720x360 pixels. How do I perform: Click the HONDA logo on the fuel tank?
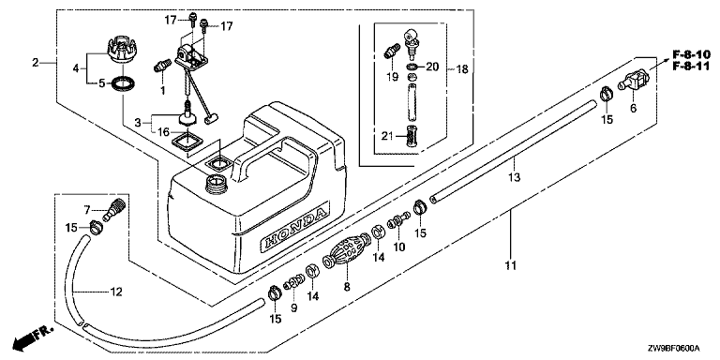tap(294, 228)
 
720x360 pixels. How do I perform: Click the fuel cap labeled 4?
tap(120, 51)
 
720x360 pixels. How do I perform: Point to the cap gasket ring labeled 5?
tap(125, 84)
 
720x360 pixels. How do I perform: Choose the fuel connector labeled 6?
tap(634, 80)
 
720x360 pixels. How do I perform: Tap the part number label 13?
tap(515, 177)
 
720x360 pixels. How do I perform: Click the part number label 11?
tap(511, 265)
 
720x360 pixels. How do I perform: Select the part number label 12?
tap(116, 292)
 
